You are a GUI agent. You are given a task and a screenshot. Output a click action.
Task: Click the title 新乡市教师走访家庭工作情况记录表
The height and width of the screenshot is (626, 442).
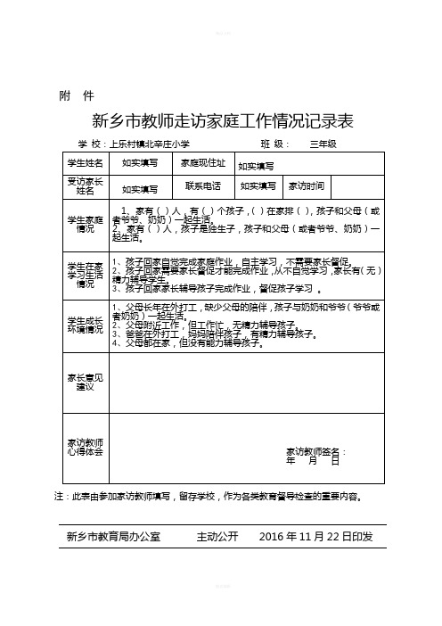point(223,120)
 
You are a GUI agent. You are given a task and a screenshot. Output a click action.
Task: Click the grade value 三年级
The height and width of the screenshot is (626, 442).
point(323,144)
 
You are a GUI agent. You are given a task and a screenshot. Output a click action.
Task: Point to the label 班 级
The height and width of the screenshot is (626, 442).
point(274,144)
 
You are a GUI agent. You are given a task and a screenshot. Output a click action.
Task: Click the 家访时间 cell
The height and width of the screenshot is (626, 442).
point(306,185)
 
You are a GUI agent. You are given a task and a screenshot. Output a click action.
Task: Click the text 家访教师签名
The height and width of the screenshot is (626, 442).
point(315,451)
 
